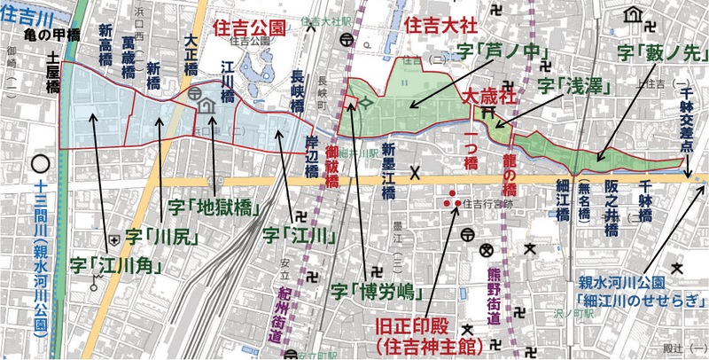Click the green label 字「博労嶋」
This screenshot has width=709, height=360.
(369, 289)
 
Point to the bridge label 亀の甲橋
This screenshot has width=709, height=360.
(52, 36)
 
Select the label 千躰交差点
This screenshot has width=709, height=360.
(687, 120)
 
